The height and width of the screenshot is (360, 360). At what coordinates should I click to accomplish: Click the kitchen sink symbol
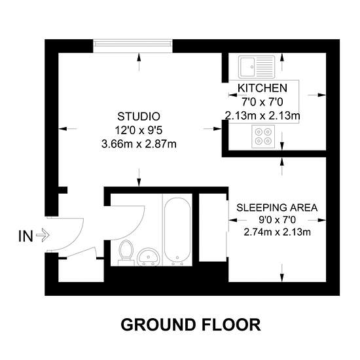pyautogui.click(x=257, y=67)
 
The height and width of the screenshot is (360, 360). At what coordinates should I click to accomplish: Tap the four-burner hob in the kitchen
pyautogui.click(x=263, y=136)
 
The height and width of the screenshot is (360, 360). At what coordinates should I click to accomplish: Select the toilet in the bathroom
pyautogui.click(x=126, y=253)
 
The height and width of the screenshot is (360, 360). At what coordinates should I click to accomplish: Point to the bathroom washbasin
pyautogui.click(x=148, y=257)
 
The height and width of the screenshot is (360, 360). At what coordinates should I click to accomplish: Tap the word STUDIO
pyautogui.click(x=139, y=117)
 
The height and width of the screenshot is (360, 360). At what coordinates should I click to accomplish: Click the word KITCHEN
pyautogui.click(x=262, y=88)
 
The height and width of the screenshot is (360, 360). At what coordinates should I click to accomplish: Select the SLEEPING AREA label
pyautogui.click(x=277, y=207)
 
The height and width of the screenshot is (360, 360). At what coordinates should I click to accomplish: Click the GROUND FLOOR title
pyautogui.click(x=190, y=325)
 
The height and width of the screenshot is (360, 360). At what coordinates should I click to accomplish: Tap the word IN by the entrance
pyautogui.click(x=26, y=236)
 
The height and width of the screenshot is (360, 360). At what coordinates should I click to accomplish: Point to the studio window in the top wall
pyautogui.click(x=133, y=46)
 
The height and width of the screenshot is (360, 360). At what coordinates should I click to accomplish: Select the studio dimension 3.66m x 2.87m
pyautogui.click(x=139, y=144)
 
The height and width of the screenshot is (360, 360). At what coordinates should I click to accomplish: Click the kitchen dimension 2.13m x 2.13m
pyautogui.click(x=262, y=115)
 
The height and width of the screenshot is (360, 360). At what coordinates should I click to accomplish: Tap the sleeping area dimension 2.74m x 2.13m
pyautogui.click(x=277, y=232)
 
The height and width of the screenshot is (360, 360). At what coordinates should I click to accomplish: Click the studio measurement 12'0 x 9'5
pyautogui.click(x=139, y=130)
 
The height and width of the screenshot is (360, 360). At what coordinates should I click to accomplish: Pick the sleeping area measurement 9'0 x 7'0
pyautogui.click(x=277, y=220)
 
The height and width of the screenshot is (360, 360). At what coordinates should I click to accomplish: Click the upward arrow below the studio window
pyautogui.click(x=139, y=62)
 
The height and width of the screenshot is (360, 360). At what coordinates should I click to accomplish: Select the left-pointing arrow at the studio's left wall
pyautogui.click(x=68, y=129)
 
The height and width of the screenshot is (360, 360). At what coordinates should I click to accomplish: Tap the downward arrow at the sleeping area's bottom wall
pyautogui.click(x=282, y=273)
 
